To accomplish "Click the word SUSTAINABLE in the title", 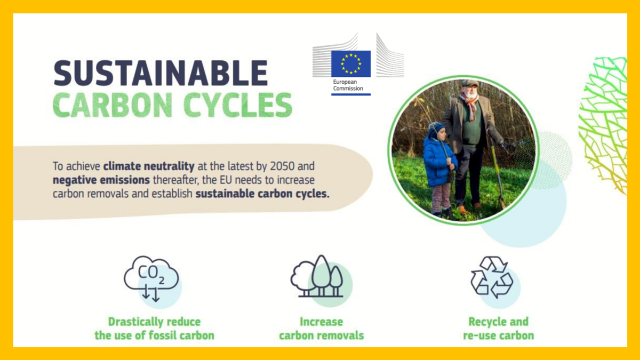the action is click(x=161, y=73).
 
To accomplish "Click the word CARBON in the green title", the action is click(x=113, y=105).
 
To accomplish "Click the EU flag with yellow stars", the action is click(x=351, y=63).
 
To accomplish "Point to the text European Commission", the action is click(x=348, y=85).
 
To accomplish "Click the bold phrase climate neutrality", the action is click(x=149, y=166).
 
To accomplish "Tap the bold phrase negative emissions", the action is click(x=101, y=180).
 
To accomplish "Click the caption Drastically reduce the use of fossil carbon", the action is click(x=154, y=329).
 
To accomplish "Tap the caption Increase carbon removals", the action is click(x=322, y=329).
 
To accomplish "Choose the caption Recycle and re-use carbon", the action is click(x=499, y=329).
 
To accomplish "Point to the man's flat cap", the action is click(x=469, y=83).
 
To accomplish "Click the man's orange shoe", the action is click(x=462, y=210).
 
